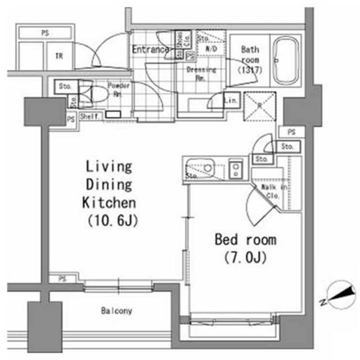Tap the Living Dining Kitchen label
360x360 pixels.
[x=109, y=184]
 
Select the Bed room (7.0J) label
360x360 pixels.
[x=246, y=248]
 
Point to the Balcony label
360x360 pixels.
[x=117, y=310]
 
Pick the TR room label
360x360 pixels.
[x=58, y=56]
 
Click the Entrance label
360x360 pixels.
[x=150, y=49]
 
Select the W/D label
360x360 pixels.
[x=212, y=49]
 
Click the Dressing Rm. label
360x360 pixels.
[x=201, y=74]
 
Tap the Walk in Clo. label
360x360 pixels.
[x=274, y=191]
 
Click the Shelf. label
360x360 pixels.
[x=90, y=116]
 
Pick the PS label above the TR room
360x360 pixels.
[x=44, y=33]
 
